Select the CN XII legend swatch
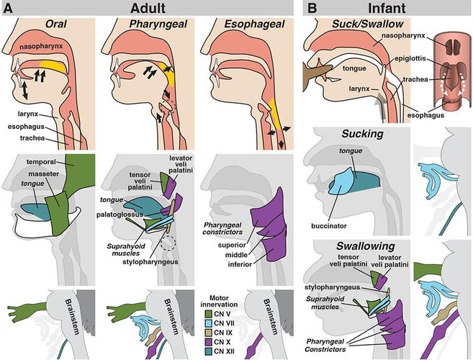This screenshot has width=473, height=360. (x=208, y=351)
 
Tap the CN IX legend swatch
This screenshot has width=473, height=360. (x=208, y=333)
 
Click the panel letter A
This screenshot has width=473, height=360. (x=8, y=8)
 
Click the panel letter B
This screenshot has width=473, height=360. (x=312, y=8)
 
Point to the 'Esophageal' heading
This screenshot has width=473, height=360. (x=254, y=24)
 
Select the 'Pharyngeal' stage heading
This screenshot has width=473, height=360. (x=158, y=24)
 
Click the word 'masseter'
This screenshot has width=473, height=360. (x=44, y=174)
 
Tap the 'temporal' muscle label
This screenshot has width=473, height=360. (x=41, y=162)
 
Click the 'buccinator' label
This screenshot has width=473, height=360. (x=329, y=225)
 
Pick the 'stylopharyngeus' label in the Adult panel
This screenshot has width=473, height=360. (x=150, y=261)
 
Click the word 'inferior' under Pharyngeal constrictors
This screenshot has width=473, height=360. (x=240, y=264)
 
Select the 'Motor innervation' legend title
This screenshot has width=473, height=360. (x=219, y=301)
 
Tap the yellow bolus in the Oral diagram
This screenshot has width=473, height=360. (x=53, y=67)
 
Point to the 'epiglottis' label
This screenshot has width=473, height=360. (x=410, y=58)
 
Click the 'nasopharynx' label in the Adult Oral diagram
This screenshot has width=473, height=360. (x=41, y=46)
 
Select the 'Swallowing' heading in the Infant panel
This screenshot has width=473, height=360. (x=366, y=246)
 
